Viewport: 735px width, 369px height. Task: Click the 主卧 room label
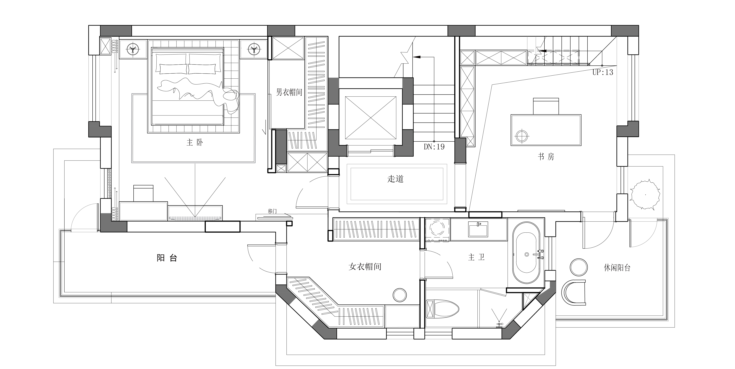(195, 143)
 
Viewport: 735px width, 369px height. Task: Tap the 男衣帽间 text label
(289, 92)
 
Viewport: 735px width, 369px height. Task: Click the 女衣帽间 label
(365, 267)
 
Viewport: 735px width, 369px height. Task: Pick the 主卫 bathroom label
(477, 257)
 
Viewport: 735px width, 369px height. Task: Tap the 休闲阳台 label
(617, 268)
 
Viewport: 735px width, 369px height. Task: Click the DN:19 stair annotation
(434, 147)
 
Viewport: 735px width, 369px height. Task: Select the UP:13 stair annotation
(603, 72)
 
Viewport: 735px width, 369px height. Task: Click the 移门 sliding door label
(272, 211)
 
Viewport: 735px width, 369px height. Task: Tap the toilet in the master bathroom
(442, 309)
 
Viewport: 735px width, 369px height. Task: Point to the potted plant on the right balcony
(645, 195)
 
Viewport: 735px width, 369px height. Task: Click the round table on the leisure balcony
(579, 267)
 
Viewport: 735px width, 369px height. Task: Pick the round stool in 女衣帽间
(400, 295)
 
